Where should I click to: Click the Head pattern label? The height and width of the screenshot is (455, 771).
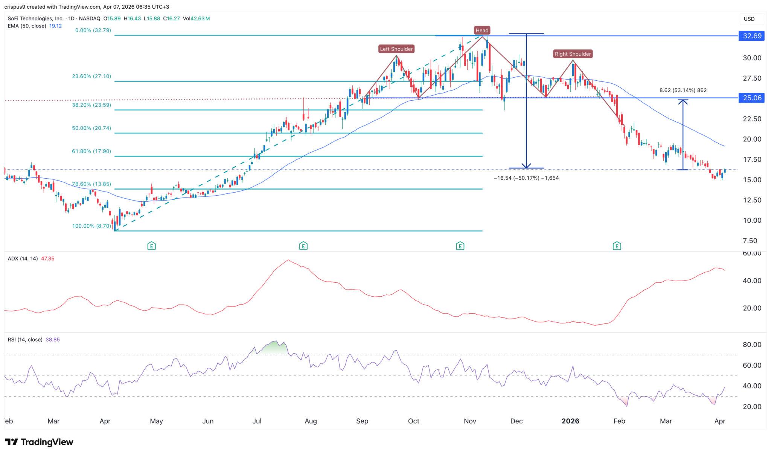pyautogui.click(x=481, y=30)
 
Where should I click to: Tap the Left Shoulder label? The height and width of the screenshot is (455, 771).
pyautogui.click(x=396, y=49)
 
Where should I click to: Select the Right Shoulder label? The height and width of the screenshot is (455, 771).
pyautogui.click(x=573, y=54)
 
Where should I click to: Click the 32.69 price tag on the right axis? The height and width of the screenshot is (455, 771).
pyautogui.click(x=752, y=36)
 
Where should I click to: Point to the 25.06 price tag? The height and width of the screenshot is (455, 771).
pyautogui.click(x=752, y=98)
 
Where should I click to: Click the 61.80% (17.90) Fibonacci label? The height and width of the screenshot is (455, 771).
pyautogui.click(x=91, y=151)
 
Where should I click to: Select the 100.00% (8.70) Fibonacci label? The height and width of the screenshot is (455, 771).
pyautogui.click(x=91, y=226)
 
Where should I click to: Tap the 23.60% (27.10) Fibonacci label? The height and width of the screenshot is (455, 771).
pyautogui.click(x=91, y=76)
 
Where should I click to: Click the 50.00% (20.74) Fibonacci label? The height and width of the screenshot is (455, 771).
pyautogui.click(x=91, y=128)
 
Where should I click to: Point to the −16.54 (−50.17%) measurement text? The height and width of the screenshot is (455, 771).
pyautogui.click(x=526, y=178)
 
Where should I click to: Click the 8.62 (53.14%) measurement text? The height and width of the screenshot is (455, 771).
pyautogui.click(x=683, y=90)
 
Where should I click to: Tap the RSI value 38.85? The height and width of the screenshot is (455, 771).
pyautogui.click(x=53, y=340)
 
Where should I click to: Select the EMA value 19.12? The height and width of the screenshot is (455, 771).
pyautogui.click(x=55, y=26)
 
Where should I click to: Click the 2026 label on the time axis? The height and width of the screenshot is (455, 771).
pyautogui.click(x=570, y=421)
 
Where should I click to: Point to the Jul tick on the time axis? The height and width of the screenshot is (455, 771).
pyautogui.click(x=257, y=421)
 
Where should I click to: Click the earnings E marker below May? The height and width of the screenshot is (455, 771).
pyautogui.click(x=151, y=246)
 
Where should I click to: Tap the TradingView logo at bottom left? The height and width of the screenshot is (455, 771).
pyautogui.click(x=39, y=442)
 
